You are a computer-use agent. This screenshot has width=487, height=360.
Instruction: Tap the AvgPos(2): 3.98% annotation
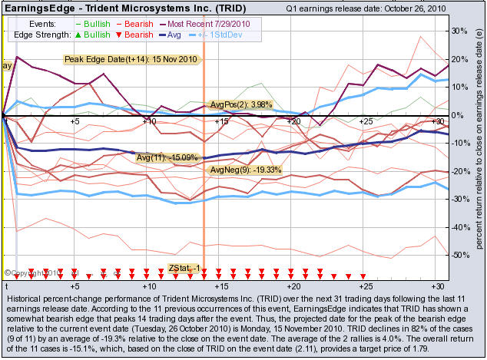point(241,105)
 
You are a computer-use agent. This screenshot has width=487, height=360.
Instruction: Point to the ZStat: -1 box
point(184,268)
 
